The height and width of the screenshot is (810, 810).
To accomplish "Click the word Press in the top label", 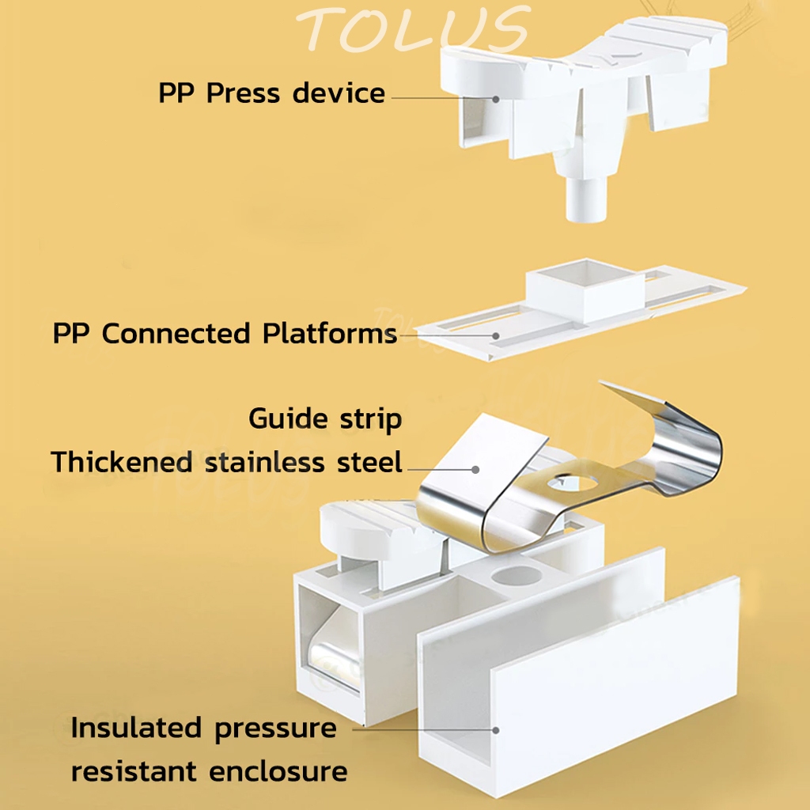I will point(245,93).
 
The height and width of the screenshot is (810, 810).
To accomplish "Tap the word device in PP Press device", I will point(339,93).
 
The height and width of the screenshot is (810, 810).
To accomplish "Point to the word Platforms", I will point(330,333).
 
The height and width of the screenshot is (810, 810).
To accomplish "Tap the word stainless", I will point(267,461).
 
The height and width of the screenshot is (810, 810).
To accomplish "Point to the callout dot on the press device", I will point(497,99).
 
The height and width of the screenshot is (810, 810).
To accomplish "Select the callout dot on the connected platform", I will point(496,335).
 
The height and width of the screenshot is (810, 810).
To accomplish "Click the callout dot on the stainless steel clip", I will point(475,468).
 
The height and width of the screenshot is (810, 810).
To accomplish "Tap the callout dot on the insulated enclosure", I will point(496,731).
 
